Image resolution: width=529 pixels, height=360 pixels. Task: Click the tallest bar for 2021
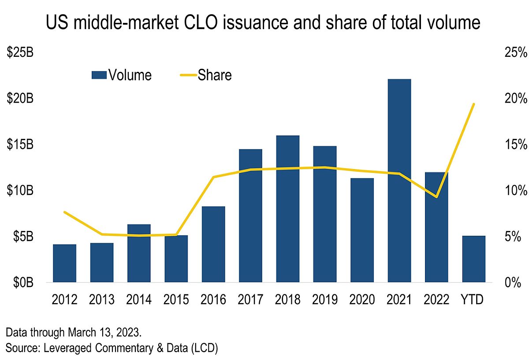click(x=399, y=181)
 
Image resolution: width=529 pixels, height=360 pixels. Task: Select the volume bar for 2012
click(x=65, y=263)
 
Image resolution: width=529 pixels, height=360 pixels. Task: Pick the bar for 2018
click(x=288, y=209)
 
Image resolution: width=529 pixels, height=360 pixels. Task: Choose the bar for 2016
click(x=213, y=244)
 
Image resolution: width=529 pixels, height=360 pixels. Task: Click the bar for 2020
click(x=362, y=230)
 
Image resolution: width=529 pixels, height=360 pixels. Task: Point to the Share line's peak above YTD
click(x=473, y=104)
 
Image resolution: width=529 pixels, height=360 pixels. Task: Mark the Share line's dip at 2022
click(x=436, y=197)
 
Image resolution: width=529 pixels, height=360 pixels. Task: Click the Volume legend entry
click(x=122, y=75)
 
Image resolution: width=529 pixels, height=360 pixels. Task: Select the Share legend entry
click(x=206, y=75)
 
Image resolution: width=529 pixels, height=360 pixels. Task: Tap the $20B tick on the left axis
click(x=20, y=99)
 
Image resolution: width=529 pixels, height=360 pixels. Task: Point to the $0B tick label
click(x=20, y=282)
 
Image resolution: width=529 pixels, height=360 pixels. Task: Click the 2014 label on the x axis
click(x=139, y=300)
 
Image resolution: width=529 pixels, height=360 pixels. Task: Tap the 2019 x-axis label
click(x=325, y=300)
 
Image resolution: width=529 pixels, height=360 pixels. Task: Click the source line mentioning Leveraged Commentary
click(x=112, y=347)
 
